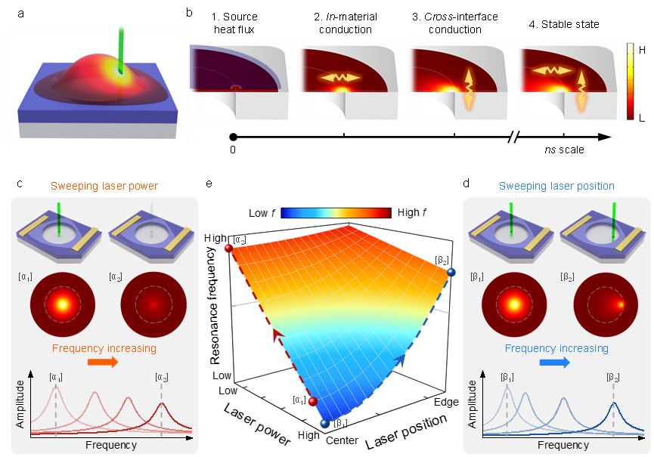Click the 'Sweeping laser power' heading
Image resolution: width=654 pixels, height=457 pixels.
click(104, 186)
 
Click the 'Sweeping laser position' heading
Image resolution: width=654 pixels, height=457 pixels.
click(556, 186)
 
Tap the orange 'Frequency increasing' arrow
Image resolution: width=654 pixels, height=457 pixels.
click(103, 363)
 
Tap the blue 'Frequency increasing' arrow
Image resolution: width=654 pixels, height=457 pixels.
click(554, 363)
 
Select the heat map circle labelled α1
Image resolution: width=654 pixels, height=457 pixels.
click(60, 304)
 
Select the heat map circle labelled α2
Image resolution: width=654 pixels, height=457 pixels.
click(153, 304)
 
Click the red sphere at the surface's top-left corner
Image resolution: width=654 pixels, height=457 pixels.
click(228, 248)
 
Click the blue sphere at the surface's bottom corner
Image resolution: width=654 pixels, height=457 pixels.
click(324, 425)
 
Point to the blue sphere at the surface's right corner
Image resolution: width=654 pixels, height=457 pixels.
click(451, 272)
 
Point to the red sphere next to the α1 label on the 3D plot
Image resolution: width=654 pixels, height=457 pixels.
click(312, 402)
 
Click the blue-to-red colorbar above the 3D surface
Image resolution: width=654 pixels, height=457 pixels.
click(336, 213)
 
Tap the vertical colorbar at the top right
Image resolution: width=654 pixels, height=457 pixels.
click(630, 81)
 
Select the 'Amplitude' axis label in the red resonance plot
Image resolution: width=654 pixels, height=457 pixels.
click(20, 403)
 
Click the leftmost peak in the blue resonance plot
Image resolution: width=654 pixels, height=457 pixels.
click(507, 390)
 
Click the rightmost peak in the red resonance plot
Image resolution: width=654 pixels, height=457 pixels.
click(161, 405)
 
